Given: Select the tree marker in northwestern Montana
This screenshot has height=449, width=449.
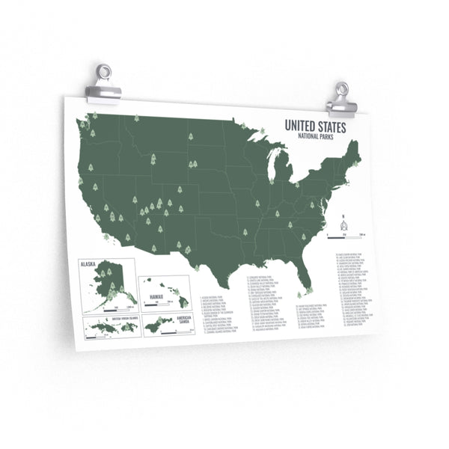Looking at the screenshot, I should coord(136,118).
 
